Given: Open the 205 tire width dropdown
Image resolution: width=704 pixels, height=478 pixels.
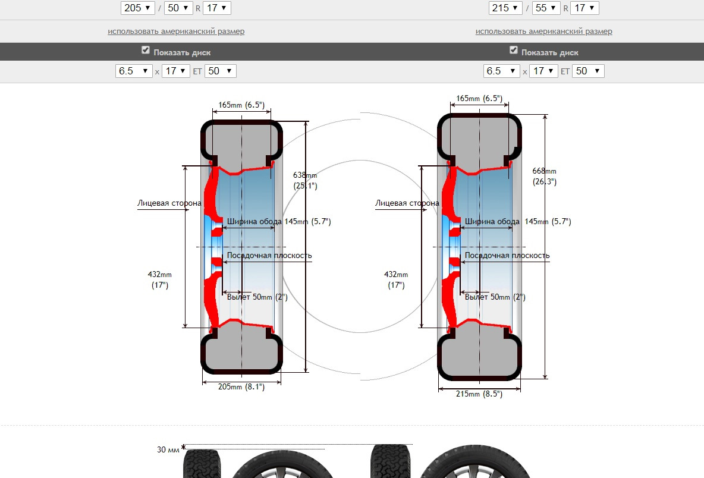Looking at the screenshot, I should tap(137, 8).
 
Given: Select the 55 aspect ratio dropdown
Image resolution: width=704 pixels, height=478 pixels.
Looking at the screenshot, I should tap(546, 8).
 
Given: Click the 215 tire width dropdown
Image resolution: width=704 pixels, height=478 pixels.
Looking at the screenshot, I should tap(505, 8).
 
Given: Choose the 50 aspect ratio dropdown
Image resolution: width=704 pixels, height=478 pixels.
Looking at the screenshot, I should tap(178, 8).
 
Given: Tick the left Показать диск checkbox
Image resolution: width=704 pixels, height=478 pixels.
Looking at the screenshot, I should tap(146, 51).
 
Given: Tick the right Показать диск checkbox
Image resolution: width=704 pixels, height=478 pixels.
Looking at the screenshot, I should tap(514, 51).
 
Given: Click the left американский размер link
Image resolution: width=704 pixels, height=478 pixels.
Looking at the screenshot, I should tap(176, 31).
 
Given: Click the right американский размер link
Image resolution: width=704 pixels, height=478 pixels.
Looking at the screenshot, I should tap(543, 31).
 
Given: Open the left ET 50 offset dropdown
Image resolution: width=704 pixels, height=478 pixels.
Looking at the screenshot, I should tap(220, 71).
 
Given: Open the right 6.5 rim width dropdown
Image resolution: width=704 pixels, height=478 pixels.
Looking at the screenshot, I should tap(502, 71).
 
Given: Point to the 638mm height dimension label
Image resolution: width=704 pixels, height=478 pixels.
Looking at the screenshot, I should tap(305, 180).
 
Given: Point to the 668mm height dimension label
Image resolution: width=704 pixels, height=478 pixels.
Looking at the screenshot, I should tap(545, 176).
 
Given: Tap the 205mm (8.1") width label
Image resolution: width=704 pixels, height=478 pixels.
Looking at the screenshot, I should tap(241, 387).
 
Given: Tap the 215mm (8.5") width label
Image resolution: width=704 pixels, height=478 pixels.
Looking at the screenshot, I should tap(479, 394).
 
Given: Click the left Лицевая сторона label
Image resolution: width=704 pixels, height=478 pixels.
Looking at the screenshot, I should tap(169, 203).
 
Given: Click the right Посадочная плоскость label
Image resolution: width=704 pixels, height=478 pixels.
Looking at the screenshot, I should tap(507, 256).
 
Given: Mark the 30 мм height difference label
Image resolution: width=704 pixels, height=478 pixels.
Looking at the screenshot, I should tap(168, 450).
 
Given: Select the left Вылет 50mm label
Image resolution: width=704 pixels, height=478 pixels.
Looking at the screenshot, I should tap(257, 297).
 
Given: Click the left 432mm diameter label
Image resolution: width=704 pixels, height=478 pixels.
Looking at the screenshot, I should tap(159, 279).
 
